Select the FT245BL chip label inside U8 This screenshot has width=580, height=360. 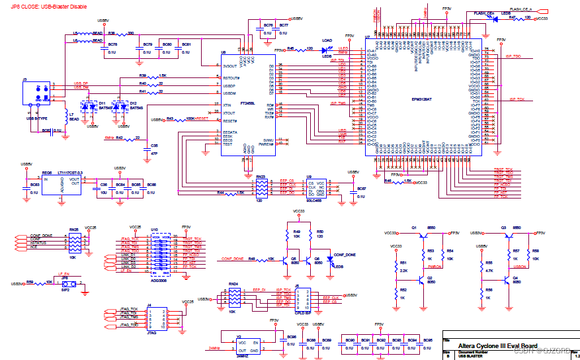pyautogui.click(x=248, y=103)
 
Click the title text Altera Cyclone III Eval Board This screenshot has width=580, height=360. pyautogui.click(x=498, y=345)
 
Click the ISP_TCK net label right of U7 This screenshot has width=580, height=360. pyautogui.click(x=515, y=99)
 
